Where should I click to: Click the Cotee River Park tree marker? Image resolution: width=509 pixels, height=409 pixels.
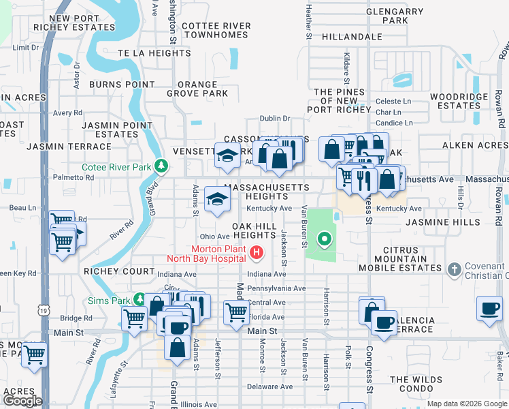coord(161,166)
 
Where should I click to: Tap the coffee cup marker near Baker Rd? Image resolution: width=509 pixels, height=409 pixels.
coord(489,308)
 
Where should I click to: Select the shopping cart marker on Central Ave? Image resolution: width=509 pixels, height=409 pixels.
coord(236,312)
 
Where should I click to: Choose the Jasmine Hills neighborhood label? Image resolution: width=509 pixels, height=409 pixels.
coord(437,222)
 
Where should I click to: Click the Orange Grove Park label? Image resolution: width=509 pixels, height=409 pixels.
coord(197,89)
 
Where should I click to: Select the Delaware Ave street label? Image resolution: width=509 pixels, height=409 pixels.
coord(270,387)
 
